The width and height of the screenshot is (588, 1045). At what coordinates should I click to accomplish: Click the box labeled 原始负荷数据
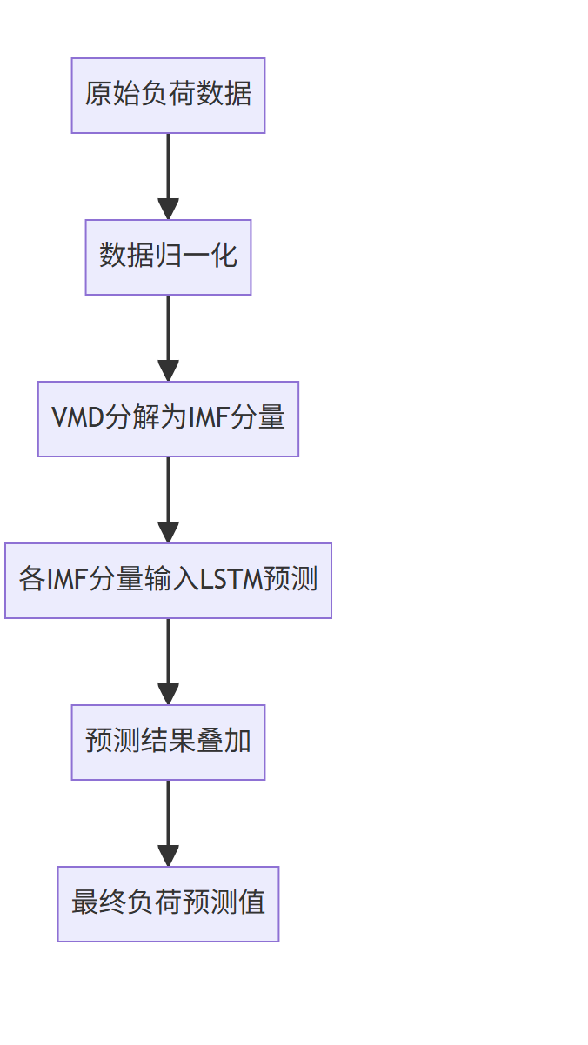coord(168,96)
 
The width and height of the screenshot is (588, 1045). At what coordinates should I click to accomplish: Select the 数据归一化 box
coord(168,257)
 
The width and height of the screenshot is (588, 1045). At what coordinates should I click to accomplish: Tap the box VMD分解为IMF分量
coord(168,419)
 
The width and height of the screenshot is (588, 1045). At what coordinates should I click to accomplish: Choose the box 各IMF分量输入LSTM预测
coord(168,581)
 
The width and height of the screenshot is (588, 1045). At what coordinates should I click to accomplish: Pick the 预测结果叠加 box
coord(168,742)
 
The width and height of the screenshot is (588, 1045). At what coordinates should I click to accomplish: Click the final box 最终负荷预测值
coord(168,904)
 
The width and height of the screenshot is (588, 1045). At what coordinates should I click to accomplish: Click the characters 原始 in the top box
coord(99,95)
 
